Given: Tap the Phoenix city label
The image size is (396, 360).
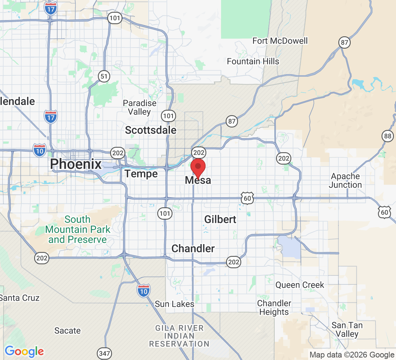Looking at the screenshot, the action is pyautogui.click(x=76, y=164).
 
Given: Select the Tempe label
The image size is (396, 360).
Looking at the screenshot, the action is pyautogui.click(x=141, y=174).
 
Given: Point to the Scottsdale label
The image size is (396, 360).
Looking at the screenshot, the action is pyautogui.click(x=151, y=130).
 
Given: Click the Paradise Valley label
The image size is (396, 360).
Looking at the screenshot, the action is pyautogui.click(x=140, y=108).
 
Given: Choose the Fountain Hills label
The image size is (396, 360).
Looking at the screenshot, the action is pyautogui.click(x=253, y=62).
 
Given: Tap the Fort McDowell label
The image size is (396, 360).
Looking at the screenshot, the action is pyautogui.click(x=280, y=41).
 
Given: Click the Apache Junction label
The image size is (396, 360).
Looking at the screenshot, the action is pyautogui.click(x=346, y=181).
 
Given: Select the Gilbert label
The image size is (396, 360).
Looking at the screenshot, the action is pyautogui.click(x=220, y=219).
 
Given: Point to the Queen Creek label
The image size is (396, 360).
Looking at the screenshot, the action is pyautogui.click(x=300, y=285).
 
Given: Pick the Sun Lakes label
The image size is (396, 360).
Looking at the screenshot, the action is pyautogui.click(x=175, y=304).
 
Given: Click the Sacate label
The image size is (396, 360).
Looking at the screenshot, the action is pyautogui.click(x=68, y=330).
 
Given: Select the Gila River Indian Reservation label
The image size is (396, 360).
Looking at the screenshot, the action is pyautogui.click(x=179, y=336).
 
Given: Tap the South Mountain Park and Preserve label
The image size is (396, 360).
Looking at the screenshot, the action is pyautogui.click(x=78, y=230).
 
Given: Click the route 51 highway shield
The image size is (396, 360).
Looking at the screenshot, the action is pyautogui.click(x=104, y=76).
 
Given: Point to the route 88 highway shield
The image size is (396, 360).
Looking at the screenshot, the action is pyautogui.click(x=387, y=136).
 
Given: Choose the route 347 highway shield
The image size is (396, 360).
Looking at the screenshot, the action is pyautogui.click(x=104, y=354).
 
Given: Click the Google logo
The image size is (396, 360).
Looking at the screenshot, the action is pyautogui.click(x=24, y=351).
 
